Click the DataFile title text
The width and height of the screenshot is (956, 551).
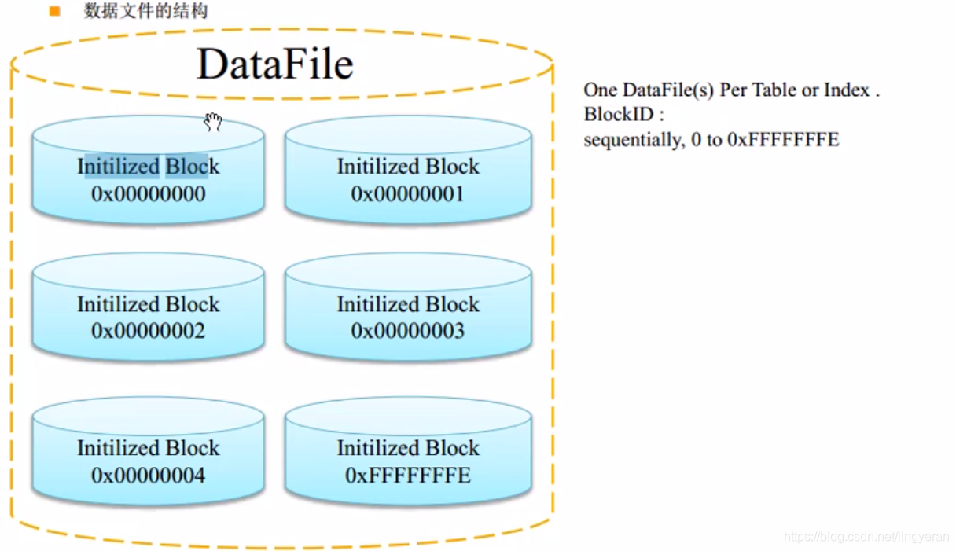274,64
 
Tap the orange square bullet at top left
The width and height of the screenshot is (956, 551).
54,12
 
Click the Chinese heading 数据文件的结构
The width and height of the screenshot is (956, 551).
146,12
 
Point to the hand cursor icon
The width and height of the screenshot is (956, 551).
213,122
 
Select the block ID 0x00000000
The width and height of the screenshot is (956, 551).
148,194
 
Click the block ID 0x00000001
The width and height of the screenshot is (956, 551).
407,194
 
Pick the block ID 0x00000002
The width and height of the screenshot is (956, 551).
148,331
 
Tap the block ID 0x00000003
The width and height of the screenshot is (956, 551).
407,331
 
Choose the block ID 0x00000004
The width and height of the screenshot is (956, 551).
148,476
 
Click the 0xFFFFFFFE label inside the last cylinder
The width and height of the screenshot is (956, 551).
407,476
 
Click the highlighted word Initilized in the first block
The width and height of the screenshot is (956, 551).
118,167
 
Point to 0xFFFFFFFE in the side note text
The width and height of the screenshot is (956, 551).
783,140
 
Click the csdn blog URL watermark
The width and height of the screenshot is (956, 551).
866,537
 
